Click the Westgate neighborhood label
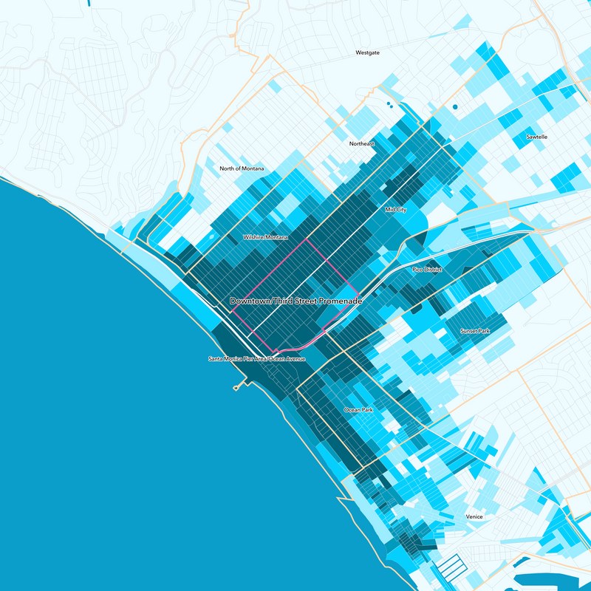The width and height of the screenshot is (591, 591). pyautogui.click(x=367, y=53)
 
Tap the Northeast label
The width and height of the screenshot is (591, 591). pyautogui.click(x=363, y=143)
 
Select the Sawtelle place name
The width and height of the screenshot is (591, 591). pyautogui.click(x=537, y=137)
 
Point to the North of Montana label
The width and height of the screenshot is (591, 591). pyautogui.click(x=242, y=168)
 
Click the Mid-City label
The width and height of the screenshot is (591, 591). pyautogui.click(x=396, y=210)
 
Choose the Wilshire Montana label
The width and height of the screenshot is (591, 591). pyautogui.click(x=265, y=238)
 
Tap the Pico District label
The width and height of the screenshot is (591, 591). pyautogui.click(x=427, y=270)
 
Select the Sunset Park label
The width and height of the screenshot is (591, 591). pyautogui.click(x=475, y=331)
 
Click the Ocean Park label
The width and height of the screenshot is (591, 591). pyautogui.click(x=359, y=409)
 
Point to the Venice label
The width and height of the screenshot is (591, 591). pyautogui.click(x=474, y=516)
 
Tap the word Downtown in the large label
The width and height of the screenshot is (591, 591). pyautogui.click(x=251, y=301)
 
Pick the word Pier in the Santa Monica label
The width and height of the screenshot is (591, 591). pyautogui.click(x=247, y=359)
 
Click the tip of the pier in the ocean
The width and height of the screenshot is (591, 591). pyautogui.click(x=236, y=388)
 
